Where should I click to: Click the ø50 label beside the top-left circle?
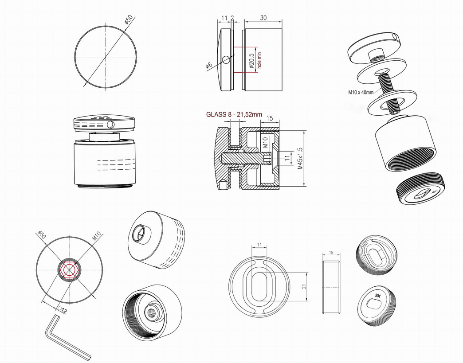tap(129, 19)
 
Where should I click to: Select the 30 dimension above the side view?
tap(263, 18)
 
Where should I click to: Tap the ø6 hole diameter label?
tap(209, 65)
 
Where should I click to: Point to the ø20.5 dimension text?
tap(251, 61)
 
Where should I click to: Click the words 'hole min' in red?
tap(259, 60)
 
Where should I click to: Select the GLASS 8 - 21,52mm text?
tap(234, 114)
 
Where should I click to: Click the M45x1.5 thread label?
tap(300, 158)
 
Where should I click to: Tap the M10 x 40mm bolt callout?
tap(361, 92)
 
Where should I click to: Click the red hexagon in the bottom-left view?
tap(69, 270)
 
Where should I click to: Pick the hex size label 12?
tap(65, 311)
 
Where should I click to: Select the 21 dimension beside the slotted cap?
tap(304, 286)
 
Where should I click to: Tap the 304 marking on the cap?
tap(378, 296)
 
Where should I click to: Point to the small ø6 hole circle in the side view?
tap(226, 60)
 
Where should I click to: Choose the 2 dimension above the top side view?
tap(232, 18)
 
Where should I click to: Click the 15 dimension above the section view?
tap(270, 119)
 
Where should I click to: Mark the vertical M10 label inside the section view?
tap(265, 142)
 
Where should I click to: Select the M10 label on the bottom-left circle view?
tap(97, 236)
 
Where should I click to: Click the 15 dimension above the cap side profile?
tap(331, 253)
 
